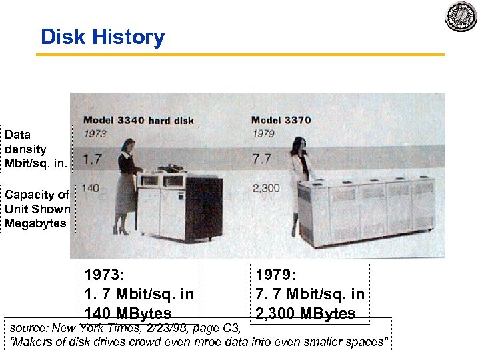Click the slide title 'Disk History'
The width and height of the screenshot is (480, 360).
[102, 37]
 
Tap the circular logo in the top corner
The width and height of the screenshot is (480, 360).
[461, 16]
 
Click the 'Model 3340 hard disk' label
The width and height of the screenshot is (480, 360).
[139, 121]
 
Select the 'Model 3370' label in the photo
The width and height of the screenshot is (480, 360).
[281, 120]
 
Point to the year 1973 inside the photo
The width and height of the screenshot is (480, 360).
[96, 133]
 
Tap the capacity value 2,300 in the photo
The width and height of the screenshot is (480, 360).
[266, 189]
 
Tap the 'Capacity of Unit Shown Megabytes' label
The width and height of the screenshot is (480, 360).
[37, 209]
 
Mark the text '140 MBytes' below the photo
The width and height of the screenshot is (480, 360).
[127, 313]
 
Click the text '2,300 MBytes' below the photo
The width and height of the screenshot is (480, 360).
[305, 313]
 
